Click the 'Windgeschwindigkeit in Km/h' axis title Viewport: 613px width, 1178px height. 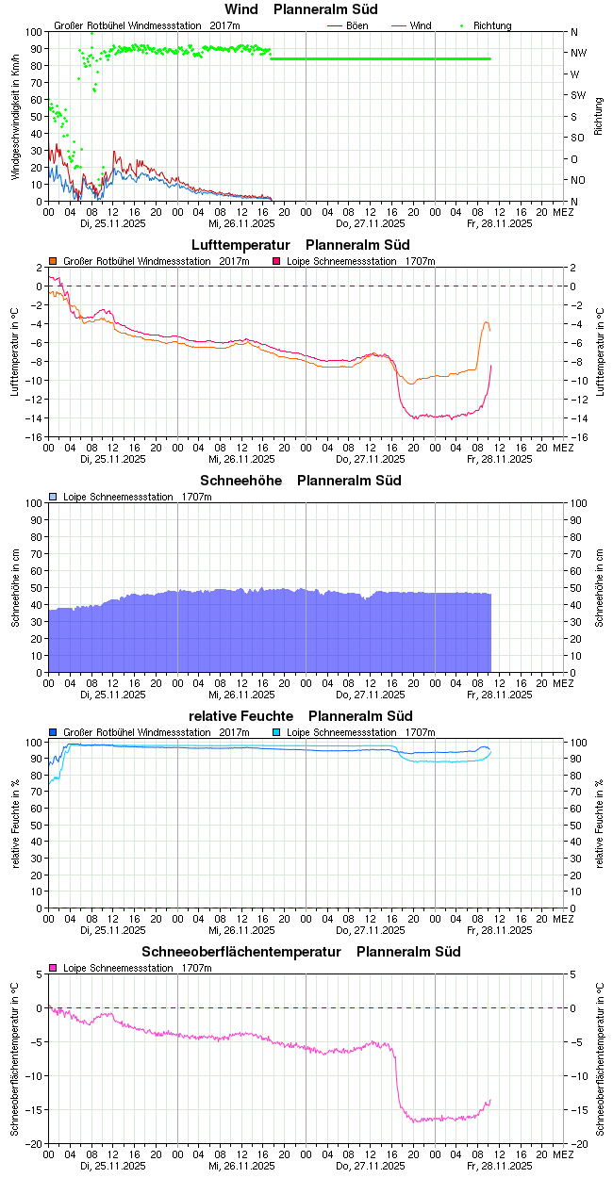click(15, 117)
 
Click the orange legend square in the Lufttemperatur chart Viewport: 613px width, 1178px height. click(54, 261)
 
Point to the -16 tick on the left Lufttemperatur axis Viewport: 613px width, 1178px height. click(33, 437)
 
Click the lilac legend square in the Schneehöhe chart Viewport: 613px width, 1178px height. click(54, 497)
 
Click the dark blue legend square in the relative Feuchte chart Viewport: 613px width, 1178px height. click(54, 732)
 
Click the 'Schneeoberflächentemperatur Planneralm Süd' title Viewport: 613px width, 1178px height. click(302, 952)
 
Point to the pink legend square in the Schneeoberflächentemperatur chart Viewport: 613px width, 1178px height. click(54, 968)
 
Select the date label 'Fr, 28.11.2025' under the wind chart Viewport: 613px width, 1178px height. click(501, 224)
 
